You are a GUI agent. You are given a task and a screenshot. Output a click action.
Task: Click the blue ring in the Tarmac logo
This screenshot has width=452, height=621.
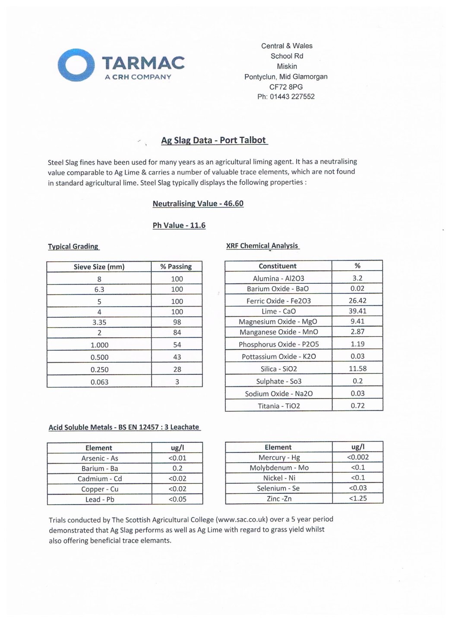click(76, 65)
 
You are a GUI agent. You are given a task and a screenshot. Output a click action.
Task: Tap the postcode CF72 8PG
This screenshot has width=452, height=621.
click(286, 87)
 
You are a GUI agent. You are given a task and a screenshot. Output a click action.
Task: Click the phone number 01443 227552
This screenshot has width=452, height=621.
click(292, 97)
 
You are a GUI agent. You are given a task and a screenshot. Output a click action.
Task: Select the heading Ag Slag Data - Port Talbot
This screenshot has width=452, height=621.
click(214, 140)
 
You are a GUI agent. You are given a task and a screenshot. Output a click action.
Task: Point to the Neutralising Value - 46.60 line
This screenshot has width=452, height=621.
click(198, 204)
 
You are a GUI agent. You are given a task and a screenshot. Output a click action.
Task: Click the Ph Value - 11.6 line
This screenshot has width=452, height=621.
click(179, 225)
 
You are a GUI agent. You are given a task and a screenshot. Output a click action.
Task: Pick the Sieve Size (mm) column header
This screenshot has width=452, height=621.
click(99, 267)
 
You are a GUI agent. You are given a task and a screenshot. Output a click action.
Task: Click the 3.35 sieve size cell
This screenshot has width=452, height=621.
click(99, 322)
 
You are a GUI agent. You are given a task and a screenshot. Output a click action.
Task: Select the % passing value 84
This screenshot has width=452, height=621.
click(177, 332)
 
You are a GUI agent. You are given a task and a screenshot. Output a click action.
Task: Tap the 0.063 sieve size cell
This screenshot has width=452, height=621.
click(99, 382)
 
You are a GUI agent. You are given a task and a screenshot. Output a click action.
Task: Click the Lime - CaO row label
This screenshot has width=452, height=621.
click(278, 311)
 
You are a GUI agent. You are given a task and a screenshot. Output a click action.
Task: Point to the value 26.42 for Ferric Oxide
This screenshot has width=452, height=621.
click(357, 301)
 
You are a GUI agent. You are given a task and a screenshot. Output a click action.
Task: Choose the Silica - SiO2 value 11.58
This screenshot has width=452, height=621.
click(357, 369)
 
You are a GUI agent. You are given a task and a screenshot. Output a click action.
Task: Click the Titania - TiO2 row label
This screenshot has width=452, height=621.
click(278, 406)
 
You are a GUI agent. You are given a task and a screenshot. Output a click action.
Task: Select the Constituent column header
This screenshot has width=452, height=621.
click(278, 266)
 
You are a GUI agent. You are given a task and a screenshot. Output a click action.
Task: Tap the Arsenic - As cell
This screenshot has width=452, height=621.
click(99, 458)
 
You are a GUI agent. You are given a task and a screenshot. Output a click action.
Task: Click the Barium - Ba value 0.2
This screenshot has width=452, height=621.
click(177, 468)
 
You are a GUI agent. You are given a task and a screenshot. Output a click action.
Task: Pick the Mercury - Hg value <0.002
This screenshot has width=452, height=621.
click(358, 457)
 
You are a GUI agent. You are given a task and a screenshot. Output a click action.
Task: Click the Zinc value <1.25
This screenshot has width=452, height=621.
click(358, 499)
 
